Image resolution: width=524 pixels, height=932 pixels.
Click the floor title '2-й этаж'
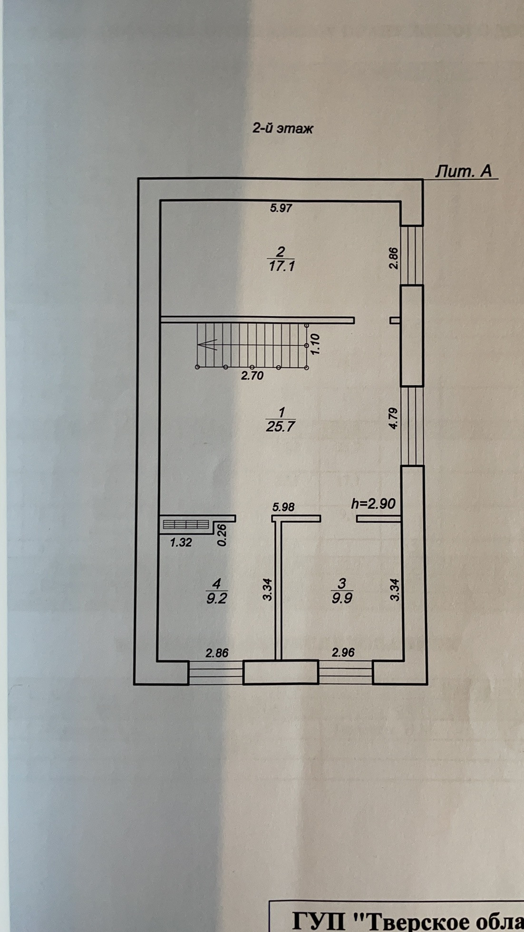pos(282,128)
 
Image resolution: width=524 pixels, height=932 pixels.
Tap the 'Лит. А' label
pos(464,171)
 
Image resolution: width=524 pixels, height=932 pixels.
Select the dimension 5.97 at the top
pos(281,208)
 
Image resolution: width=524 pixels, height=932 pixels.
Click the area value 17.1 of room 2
pos(281,266)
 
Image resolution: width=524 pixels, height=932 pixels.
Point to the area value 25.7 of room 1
pos(281,426)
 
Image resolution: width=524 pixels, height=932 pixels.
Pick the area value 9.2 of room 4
pos(216,598)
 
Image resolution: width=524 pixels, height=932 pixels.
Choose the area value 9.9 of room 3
pos(342,598)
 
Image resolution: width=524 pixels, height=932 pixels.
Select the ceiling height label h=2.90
pos(373,504)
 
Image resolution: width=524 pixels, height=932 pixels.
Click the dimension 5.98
pos(283,507)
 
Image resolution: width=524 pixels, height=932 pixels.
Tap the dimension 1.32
pos(181,543)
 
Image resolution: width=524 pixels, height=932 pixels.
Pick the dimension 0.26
pos(222,534)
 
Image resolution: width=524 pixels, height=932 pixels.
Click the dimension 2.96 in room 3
pos(343,653)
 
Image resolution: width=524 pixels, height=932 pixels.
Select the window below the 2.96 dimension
pos(345,672)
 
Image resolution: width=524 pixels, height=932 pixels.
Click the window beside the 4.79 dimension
pos(412,426)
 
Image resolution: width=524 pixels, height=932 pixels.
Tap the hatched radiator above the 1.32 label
pos(186,524)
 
